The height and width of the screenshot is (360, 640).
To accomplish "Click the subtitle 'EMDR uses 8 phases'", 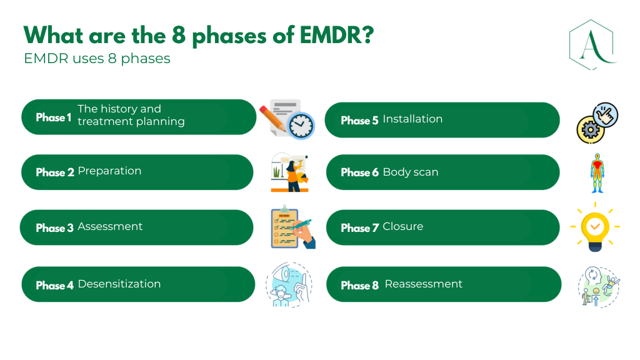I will tap(97, 59).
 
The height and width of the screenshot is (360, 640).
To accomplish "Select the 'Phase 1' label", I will tap(54, 117).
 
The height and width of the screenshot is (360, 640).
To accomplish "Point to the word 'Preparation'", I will tap(109, 171).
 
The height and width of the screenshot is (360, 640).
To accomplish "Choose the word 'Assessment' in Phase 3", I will tap(110, 227).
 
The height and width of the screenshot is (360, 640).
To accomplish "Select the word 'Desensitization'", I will tap(119, 284).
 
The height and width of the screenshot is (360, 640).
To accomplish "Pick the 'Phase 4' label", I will tap(54, 286).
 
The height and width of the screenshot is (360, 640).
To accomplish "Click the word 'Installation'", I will tap(412, 119).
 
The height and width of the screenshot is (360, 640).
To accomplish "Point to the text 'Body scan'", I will tap(411, 172).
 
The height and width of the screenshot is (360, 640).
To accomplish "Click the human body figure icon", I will tap(597, 172).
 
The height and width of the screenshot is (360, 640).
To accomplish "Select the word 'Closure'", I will tap(402, 227).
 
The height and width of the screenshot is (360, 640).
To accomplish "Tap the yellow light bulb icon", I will tap(595, 227).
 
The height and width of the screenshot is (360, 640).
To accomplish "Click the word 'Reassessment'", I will tap(423, 284).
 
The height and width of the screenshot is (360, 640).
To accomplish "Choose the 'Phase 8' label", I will tap(359, 286).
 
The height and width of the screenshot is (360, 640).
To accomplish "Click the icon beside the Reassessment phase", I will tap(598, 286).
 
